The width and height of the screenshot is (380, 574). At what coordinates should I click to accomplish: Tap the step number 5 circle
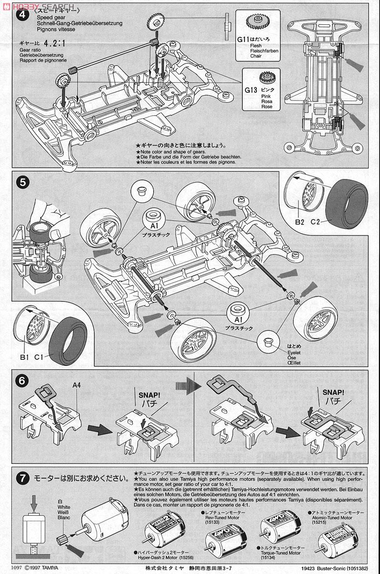click(x=21, y=183)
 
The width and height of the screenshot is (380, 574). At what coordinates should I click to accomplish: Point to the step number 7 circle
click(x=21, y=478)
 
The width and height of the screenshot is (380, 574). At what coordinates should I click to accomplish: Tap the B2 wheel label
click(x=299, y=221)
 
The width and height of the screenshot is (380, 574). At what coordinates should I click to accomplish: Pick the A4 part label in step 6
click(x=77, y=385)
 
